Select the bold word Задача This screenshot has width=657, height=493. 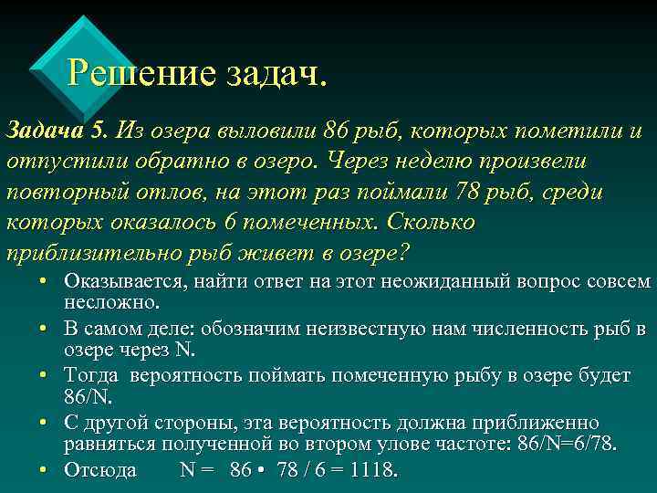[45, 130]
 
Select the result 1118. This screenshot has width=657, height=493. [372, 470]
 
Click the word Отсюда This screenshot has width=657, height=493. [100, 470]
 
